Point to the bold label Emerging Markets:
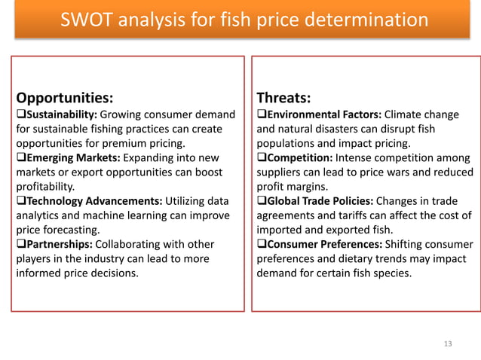[x=70, y=157]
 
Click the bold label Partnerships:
[x=60, y=244]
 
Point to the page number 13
[x=449, y=344]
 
